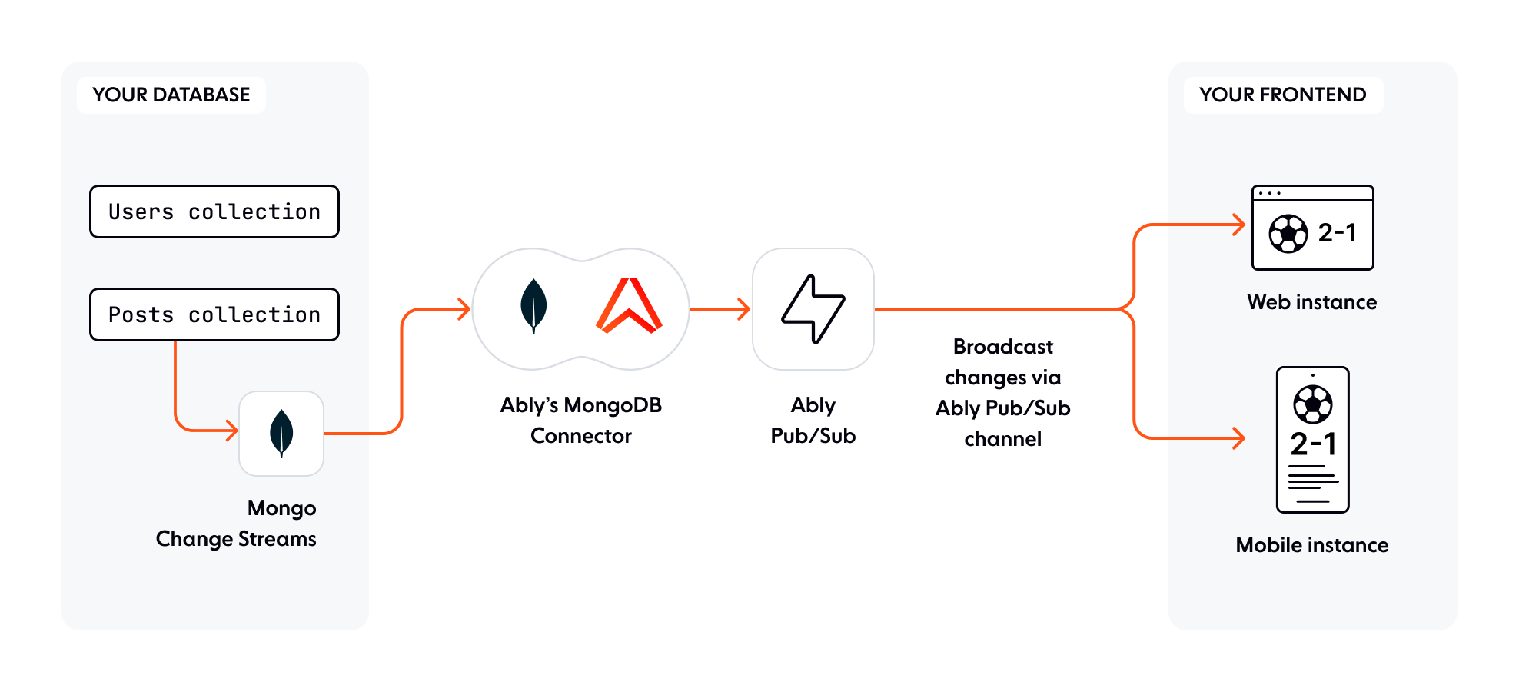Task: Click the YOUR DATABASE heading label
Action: click(x=171, y=95)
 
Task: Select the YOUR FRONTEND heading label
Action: click(x=1282, y=95)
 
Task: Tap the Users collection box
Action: click(x=214, y=211)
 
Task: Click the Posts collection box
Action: click(x=214, y=314)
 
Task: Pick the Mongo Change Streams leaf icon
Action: click(x=281, y=433)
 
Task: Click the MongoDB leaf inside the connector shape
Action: click(x=533, y=305)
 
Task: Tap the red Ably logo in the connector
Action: click(x=630, y=306)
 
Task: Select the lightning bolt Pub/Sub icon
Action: click(x=813, y=308)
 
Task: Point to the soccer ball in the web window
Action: click(x=1288, y=234)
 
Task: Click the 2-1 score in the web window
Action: click(x=1338, y=232)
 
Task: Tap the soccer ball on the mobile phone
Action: click(x=1312, y=404)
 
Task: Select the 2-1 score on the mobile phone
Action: click(x=1313, y=444)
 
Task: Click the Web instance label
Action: click(x=1311, y=302)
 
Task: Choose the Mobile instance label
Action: click(x=1311, y=545)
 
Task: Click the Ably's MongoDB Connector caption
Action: click(x=580, y=420)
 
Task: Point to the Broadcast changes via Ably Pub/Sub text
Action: click(x=1002, y=392)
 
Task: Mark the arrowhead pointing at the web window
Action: click(x=1239, y=225)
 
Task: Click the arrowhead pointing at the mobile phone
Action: click(x=1239, y=438)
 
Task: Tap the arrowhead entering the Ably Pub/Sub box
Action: click(x=744, y=309)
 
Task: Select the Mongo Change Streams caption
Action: click(x=237, y=524)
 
